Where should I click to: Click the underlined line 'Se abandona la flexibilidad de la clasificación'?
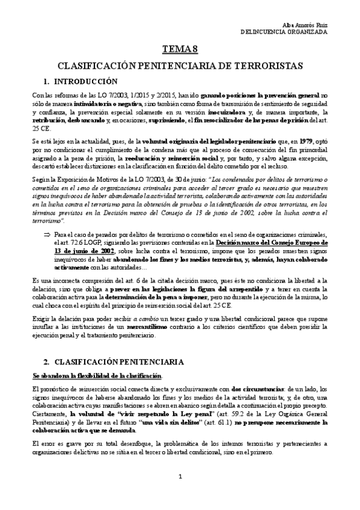tap(97, 376)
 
